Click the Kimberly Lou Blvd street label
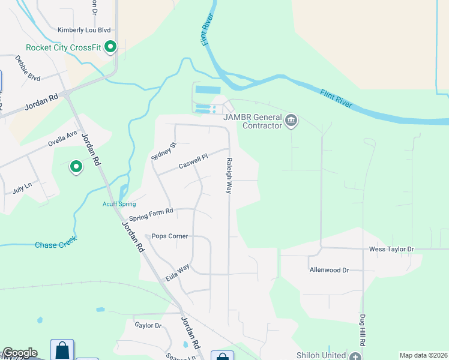point(85,30)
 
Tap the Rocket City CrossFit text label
point(62,48)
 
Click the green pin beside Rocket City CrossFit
point(110,47)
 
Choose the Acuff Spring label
point(119,204)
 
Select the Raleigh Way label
point(229,175)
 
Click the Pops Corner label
point(170,236)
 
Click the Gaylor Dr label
point(148,325)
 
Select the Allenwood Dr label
point(329,271)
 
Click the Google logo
point(20,353)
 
